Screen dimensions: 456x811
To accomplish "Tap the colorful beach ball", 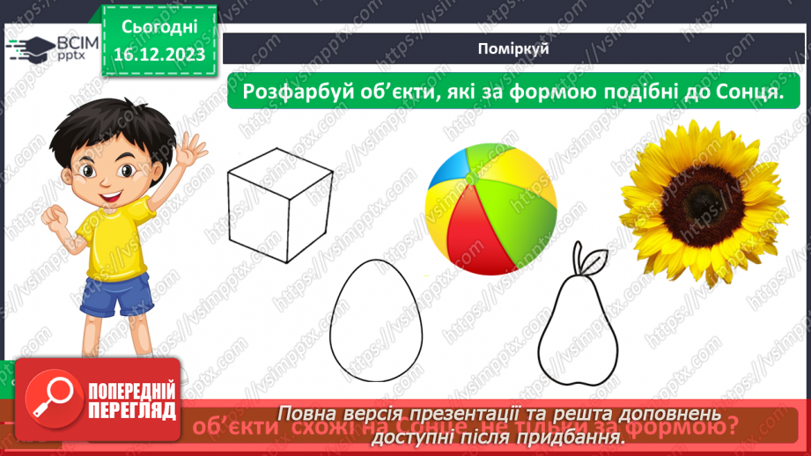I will point(491,210).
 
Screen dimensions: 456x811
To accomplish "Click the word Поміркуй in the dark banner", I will point(518,48).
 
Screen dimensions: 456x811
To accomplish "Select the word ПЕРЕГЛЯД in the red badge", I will point(132,411).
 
